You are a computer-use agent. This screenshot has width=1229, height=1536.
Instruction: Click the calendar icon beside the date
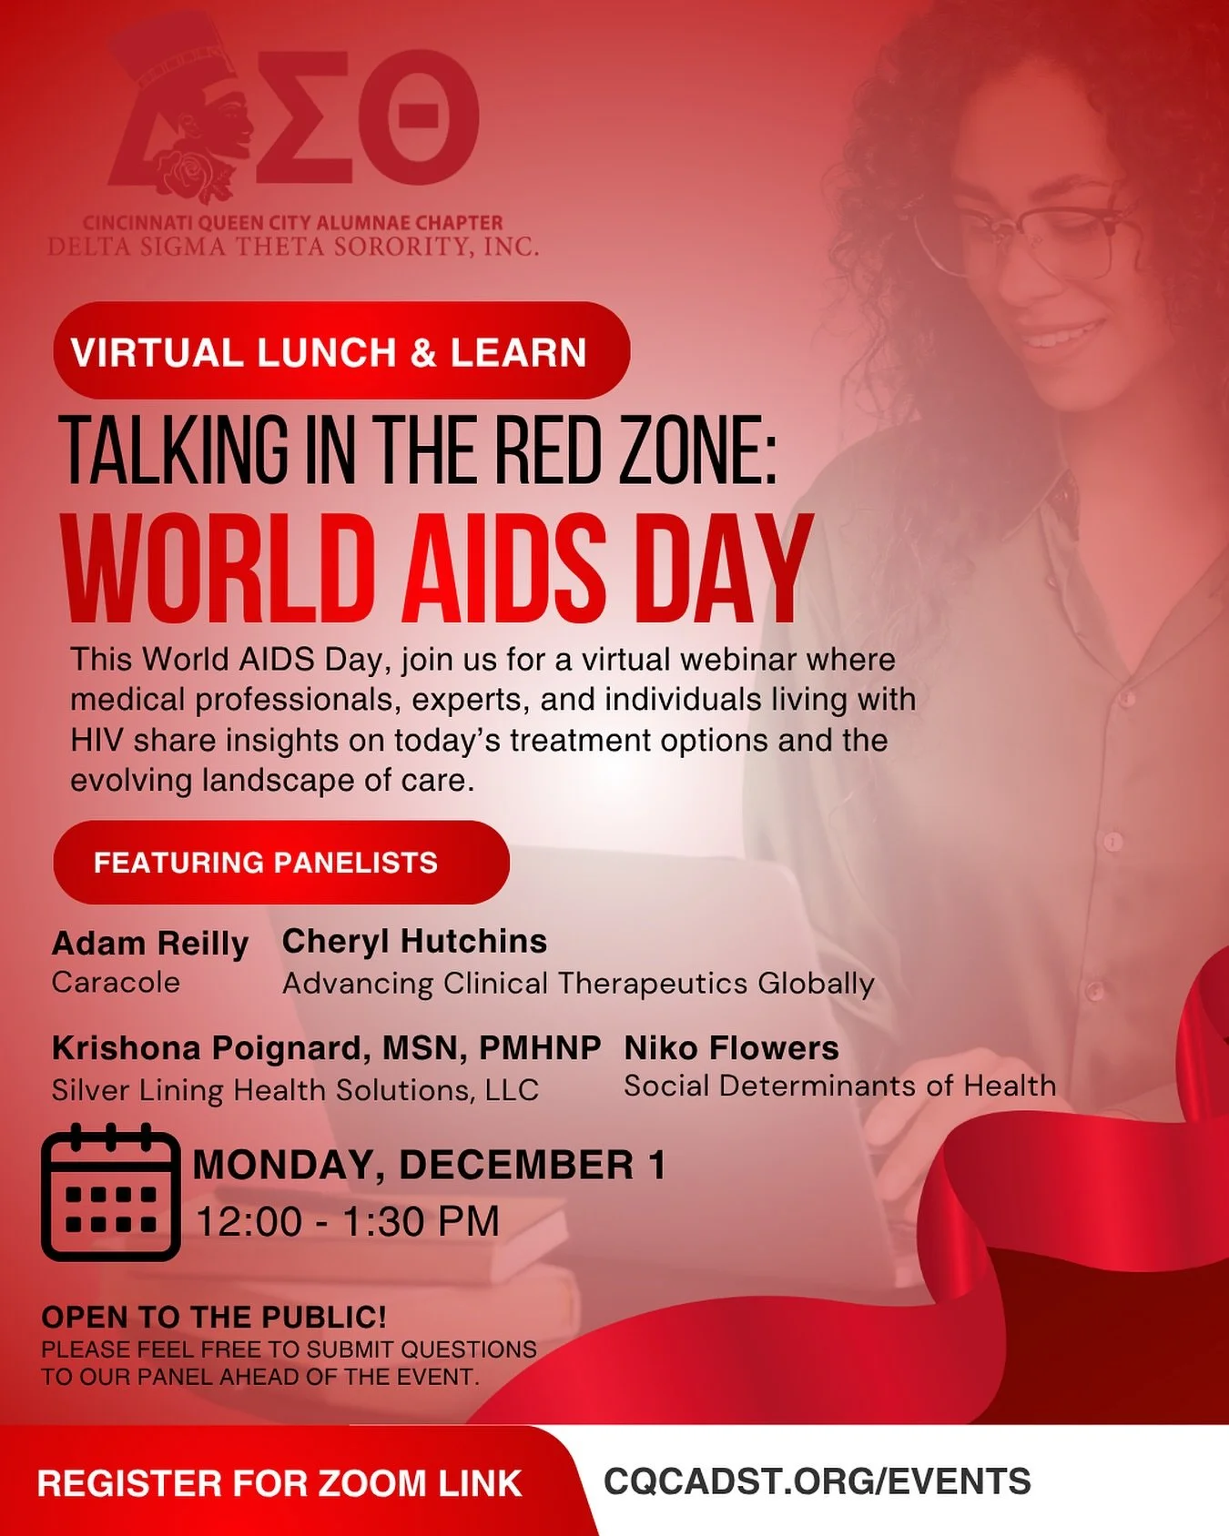pos(110,1193)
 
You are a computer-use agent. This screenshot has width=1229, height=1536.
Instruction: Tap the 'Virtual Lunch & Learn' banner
pos(340,351)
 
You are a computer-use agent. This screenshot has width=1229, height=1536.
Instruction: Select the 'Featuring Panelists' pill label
pos(280,862)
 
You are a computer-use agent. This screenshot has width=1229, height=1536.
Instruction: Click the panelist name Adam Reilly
pos(150,944)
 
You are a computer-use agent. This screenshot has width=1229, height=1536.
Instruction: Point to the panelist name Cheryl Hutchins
pos(414,941)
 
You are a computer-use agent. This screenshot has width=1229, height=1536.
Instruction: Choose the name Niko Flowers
pos(731,1048)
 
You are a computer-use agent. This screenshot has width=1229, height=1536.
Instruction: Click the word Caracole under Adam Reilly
pos(116,983)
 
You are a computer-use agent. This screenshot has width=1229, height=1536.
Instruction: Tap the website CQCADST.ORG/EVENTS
pos(817,1480)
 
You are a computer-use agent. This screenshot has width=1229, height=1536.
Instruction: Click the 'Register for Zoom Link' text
pos(279,1483)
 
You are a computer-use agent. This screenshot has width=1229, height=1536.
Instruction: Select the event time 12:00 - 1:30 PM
pos(348,1221)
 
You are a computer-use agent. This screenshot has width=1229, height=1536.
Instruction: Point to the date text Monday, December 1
pos(429,1166)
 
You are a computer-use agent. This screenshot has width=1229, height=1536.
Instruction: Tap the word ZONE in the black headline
pos(698,450)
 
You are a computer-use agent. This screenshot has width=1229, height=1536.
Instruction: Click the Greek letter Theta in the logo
pos(418,116)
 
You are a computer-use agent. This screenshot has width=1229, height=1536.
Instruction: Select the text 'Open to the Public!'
pos(214,1317)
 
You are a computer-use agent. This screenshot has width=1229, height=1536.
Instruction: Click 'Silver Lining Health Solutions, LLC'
pos(295,1090)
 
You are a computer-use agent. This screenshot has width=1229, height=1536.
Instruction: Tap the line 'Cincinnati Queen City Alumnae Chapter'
pos(292,222)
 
